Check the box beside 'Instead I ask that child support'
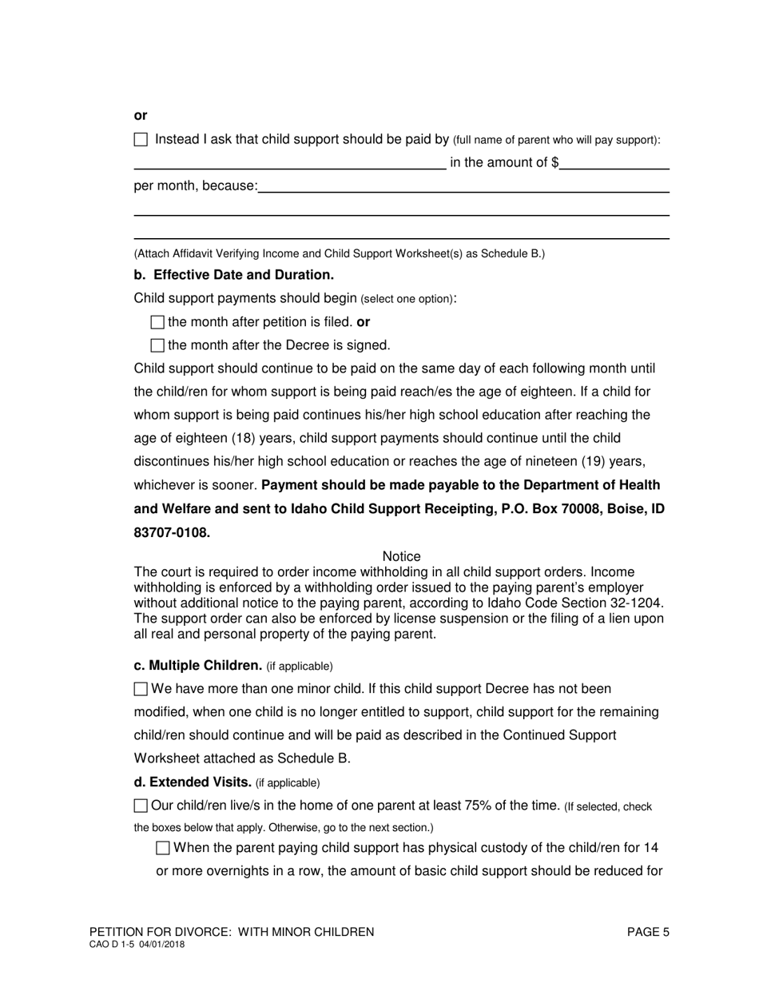141,140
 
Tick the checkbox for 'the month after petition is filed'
157,323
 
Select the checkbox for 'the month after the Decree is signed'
157,346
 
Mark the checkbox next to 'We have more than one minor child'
141,689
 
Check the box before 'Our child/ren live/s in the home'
141,806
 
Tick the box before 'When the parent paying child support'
163,848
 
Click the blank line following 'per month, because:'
463,187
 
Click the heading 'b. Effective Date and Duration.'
234,275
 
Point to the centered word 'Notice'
401,556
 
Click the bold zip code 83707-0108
172,533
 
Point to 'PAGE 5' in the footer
648,932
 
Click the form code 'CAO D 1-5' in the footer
113,945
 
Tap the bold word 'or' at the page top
141,116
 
